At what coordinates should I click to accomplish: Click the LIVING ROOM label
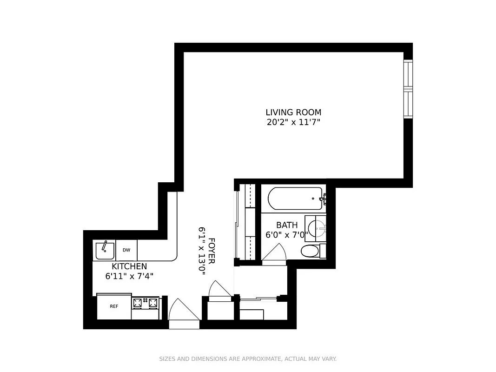(x=293, y=112)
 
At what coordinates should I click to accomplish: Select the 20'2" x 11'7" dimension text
(x=293, y=122)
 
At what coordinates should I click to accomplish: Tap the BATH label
(x=287, y=225)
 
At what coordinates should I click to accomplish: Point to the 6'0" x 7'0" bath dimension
(x=287, y=235)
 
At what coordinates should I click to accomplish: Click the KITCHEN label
(x=129, y=266)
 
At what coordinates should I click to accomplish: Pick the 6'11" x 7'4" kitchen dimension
(x=129, y=276)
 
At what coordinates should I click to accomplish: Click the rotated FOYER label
(x=212, y=251)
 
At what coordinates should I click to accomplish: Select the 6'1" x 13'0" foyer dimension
(x=202, y=251)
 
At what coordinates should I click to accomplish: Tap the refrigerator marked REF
(x=114, y=306)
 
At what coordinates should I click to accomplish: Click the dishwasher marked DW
(x=126, y=250)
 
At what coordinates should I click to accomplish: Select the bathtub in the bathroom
(x=295, y=199)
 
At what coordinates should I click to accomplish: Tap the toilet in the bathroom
(x=311, y=252)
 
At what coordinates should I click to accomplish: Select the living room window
(x=408, y=88)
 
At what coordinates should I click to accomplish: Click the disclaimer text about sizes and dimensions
(x=248, y=359)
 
